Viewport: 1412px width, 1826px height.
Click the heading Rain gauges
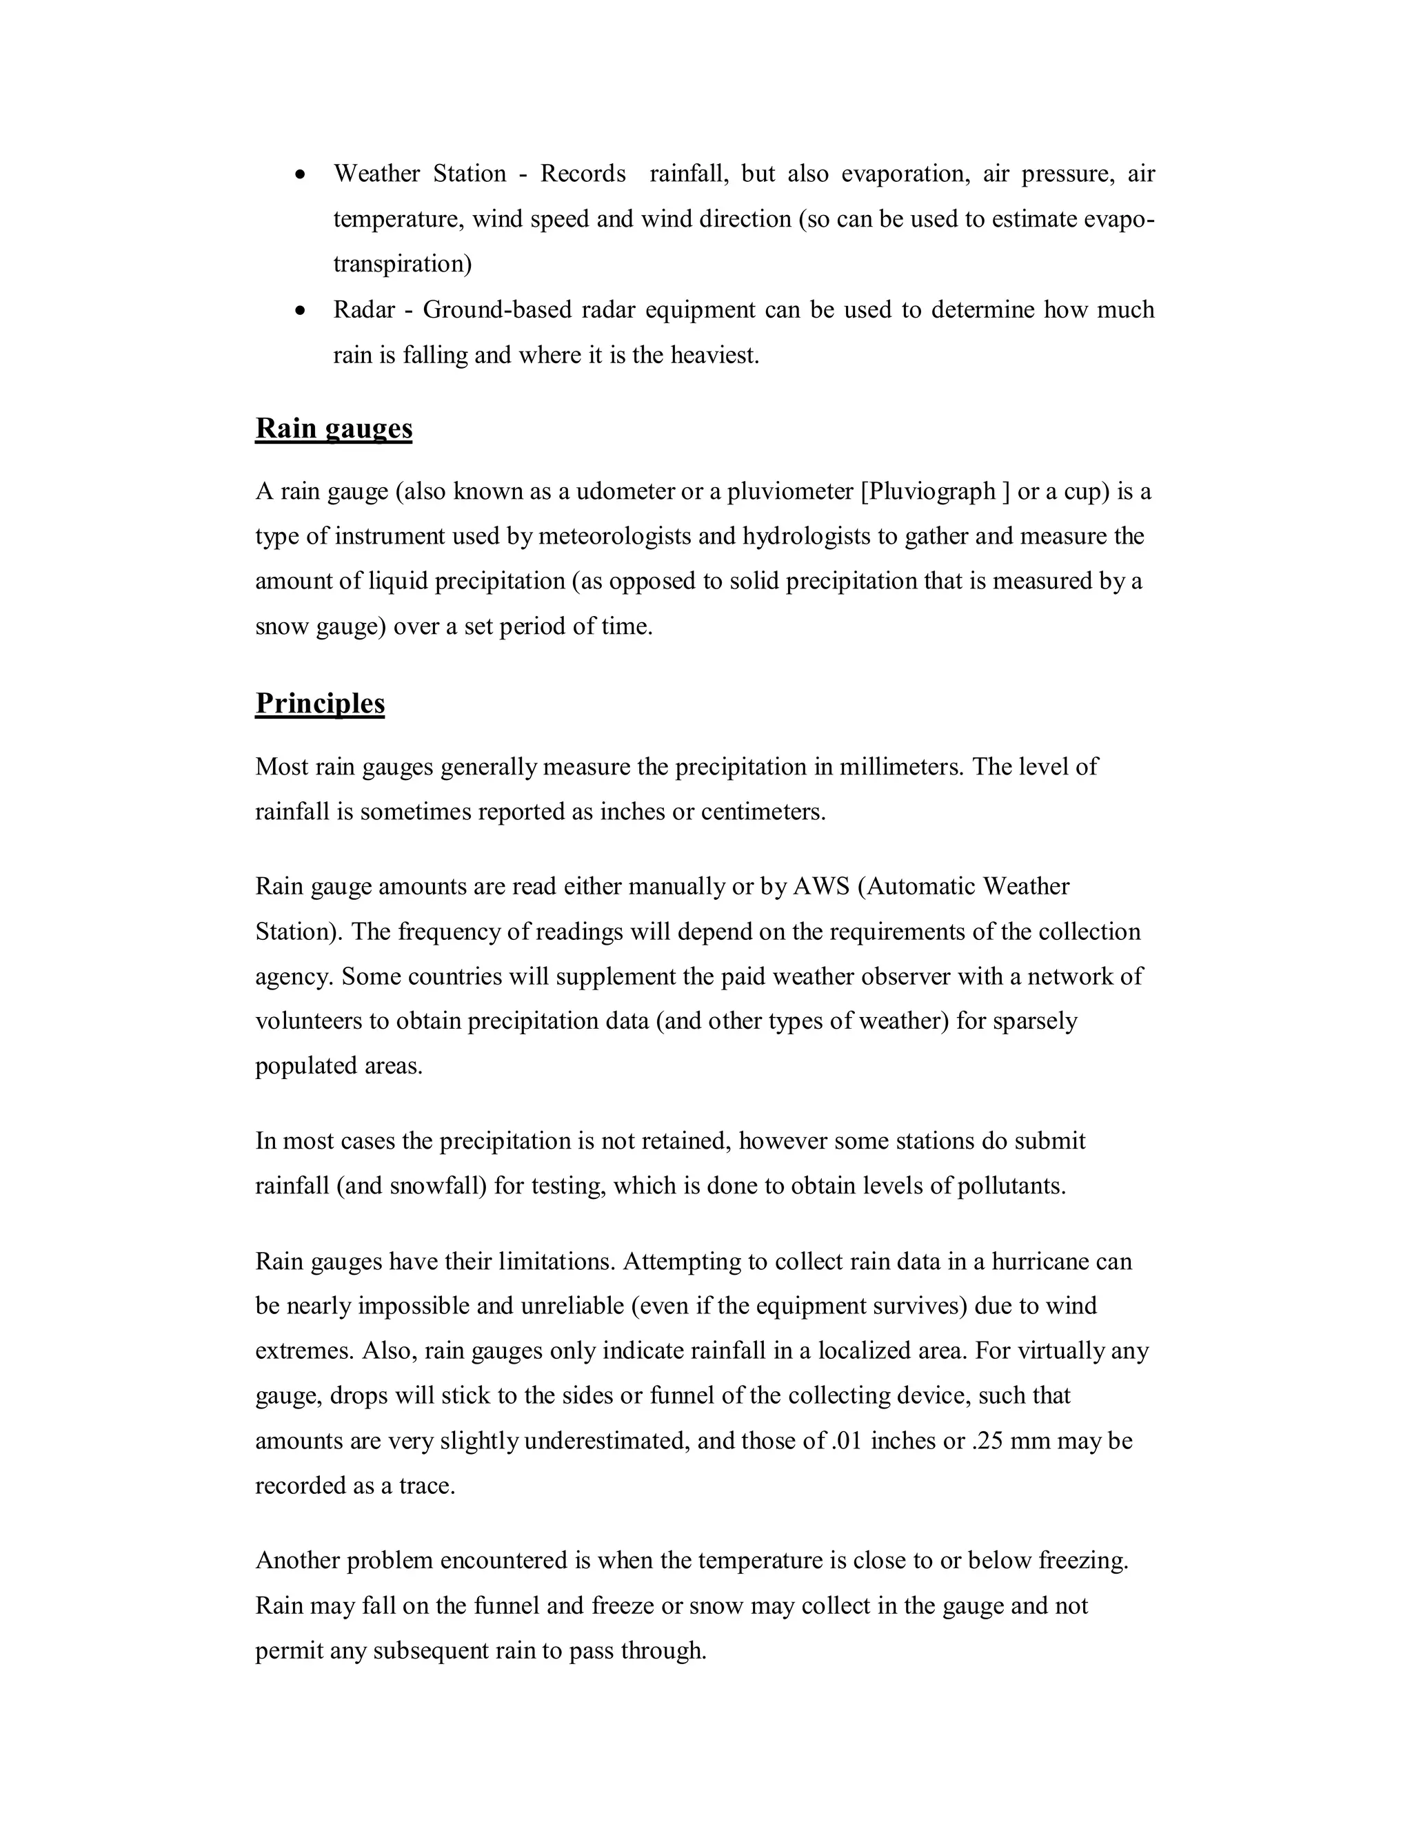point(333,428)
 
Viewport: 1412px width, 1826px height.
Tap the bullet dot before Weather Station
point(301,175)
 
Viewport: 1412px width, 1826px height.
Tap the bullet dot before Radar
point(301,311)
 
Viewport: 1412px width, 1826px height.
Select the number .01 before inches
point(847,1441)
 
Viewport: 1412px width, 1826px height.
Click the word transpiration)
point(403,264)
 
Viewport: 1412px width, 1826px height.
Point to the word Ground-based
point(497,310)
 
